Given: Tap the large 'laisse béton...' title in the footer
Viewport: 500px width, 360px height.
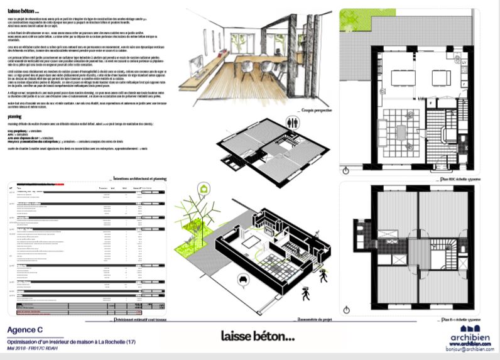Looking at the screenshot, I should click(x=258, y=337).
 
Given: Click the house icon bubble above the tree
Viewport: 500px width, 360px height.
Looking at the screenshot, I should click(x=204, y=188).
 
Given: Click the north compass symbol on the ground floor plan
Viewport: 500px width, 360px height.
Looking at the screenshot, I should click(x=346, y=170).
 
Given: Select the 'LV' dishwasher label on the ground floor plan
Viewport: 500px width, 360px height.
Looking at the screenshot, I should click(x=464, y=63).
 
